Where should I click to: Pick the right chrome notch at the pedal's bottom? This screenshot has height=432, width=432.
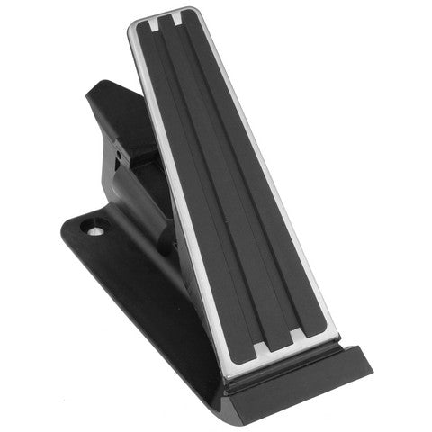click(x=298, y=337)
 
